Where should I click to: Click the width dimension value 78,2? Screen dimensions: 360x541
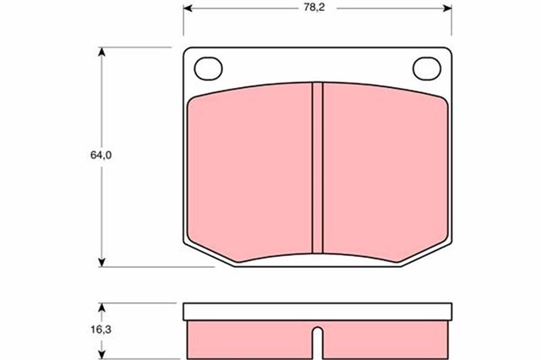tap(314, 8)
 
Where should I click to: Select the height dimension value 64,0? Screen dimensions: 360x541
tap(101, 155)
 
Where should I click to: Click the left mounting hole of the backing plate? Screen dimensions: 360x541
tap(208, 66)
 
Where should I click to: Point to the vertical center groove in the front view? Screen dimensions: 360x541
tap(318, 166)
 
